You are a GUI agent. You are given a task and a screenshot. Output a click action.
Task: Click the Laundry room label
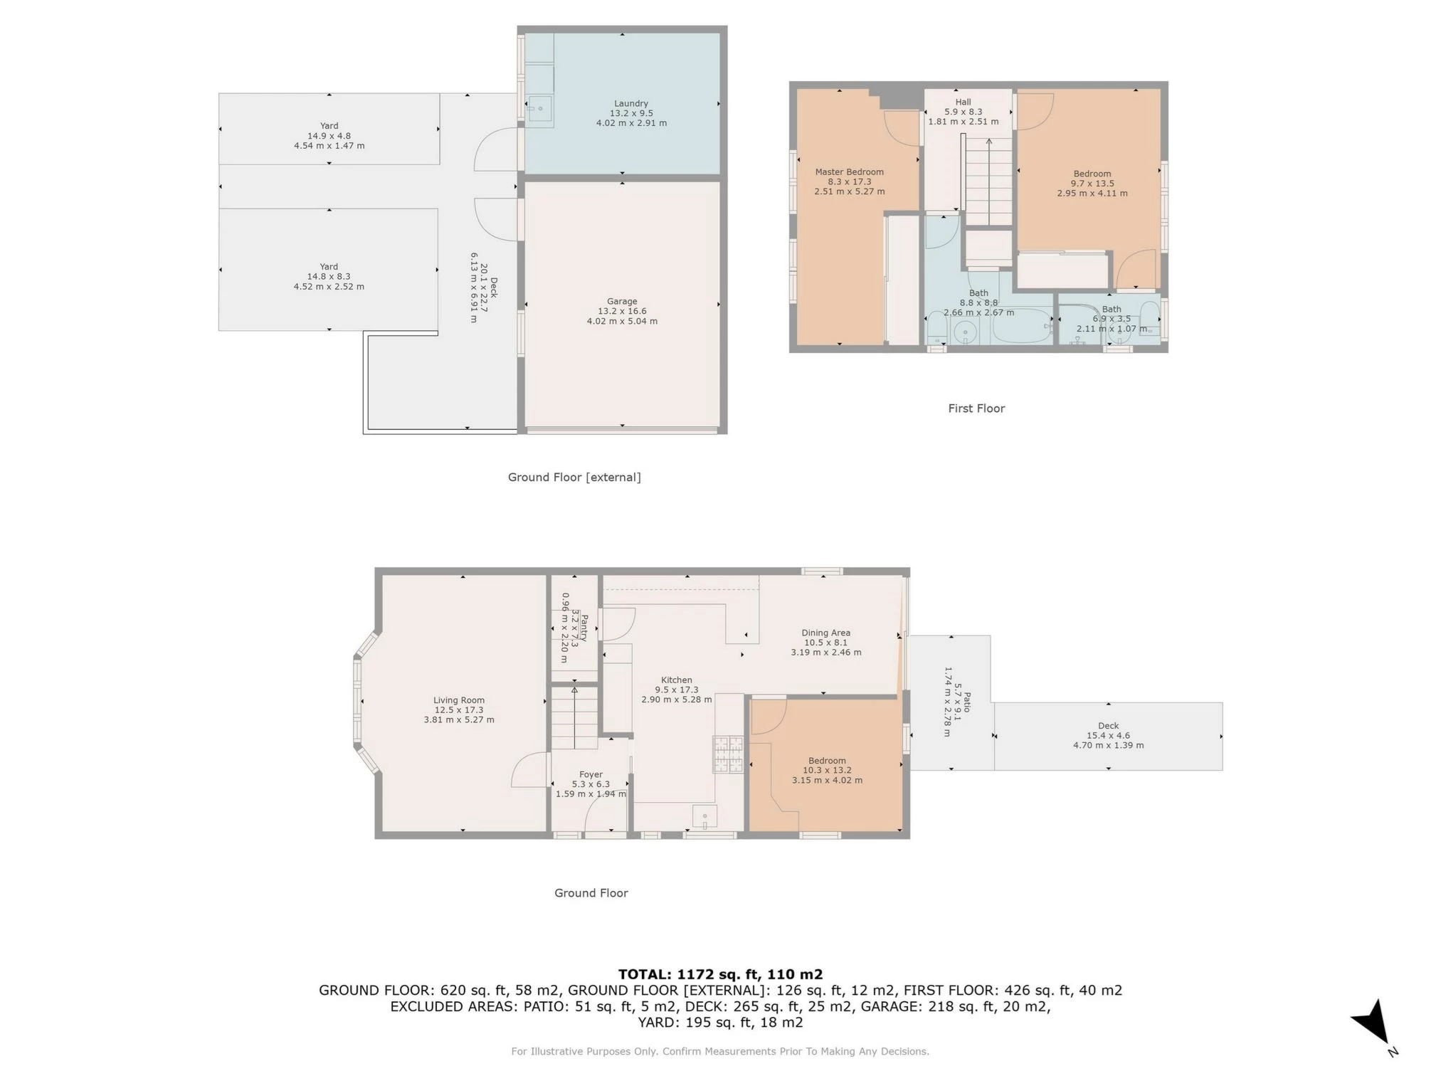(631, 113)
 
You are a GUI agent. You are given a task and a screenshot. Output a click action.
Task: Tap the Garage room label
(622, 311)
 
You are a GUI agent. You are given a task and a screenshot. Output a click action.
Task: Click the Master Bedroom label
(849, 181)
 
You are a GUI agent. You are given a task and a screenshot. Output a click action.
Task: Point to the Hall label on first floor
(963, 112)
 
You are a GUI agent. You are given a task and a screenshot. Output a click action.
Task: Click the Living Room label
(459, 710)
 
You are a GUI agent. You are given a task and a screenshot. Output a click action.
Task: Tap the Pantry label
(574, 627)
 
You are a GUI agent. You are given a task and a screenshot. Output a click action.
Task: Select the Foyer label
(591, 784)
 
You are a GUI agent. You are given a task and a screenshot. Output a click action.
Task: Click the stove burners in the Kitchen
(727, 754)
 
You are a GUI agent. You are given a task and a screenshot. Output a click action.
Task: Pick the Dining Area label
(825, 642)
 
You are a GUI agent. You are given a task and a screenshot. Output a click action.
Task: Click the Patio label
(957, 701)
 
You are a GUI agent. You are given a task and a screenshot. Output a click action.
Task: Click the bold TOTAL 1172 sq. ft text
(720, 974)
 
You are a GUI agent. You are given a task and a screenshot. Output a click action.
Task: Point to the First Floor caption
(976, 408)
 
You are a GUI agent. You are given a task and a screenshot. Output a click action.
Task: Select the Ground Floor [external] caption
(574, 477)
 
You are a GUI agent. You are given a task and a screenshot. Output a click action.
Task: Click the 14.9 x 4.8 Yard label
(329, 135)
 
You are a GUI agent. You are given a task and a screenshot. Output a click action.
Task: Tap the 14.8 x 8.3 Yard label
(329, 276)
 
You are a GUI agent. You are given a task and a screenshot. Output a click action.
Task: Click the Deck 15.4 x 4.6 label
(1108, 735)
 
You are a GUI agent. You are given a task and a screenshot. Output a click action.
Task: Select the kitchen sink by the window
(704, 816)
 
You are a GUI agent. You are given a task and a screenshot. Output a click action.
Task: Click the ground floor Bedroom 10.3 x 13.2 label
(827, 770)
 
